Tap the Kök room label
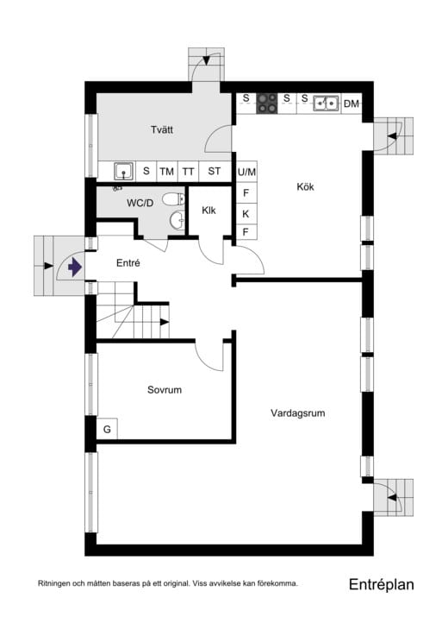click(x=306, y=186)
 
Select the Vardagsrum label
click(x=297, y=413)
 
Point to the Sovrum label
click(x=165, y=390)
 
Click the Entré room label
click(x=128, y=263)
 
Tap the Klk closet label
click(x=209, y=211)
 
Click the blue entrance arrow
click(x=74, y=267)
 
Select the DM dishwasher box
click(x=351, y=104)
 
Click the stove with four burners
click(x=267, y=104)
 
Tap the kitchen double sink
click(x=326, y=104)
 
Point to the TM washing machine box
click(x=166, y=171)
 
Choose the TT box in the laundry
click(x=189, y=171)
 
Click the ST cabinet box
click(x=215, y=171)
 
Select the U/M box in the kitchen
click(x=247, y=172)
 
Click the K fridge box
click(x=246, y=213)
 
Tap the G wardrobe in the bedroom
click(x=108, y=430)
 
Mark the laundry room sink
click(x=124, y=170)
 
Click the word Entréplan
click(x=382, y=584)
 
